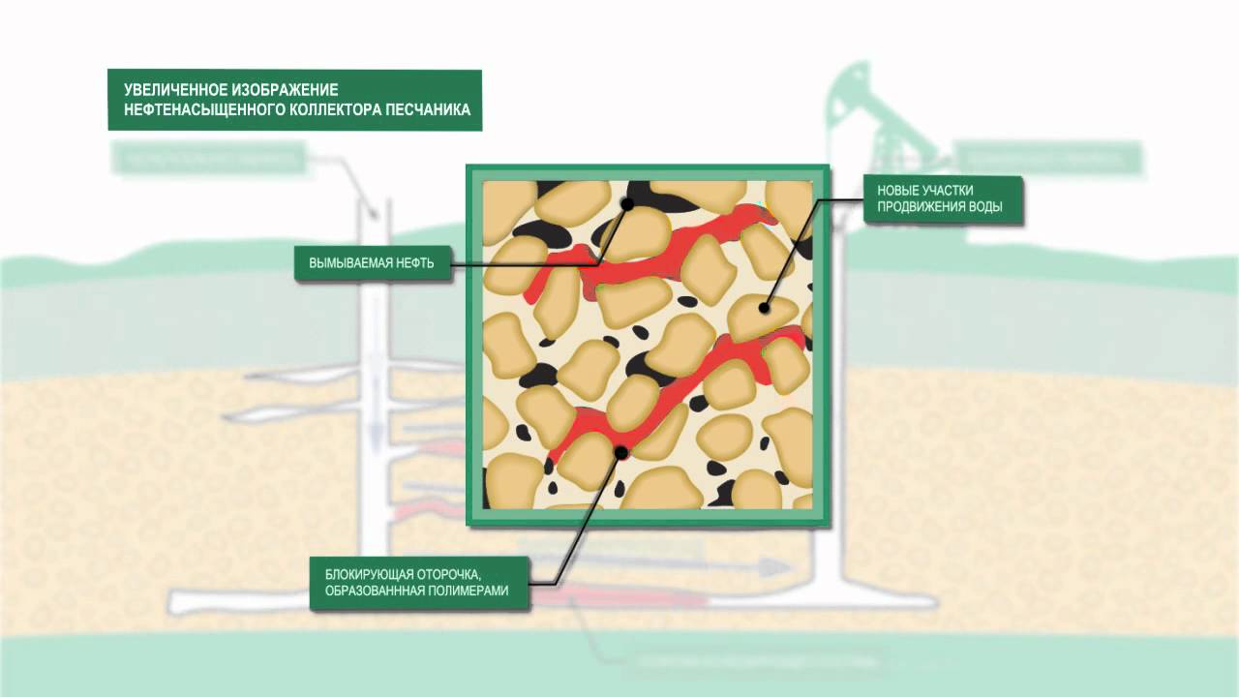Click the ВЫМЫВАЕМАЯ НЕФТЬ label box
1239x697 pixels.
(x=374, y=263)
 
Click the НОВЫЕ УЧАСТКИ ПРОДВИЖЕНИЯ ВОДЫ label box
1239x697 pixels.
(x=944, y=199)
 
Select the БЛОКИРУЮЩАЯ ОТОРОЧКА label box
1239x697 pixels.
(x=420, y=583)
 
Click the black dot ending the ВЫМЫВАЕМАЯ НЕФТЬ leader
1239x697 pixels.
(x=627, y=204)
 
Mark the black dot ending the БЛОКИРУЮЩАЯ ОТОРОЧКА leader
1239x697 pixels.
(x=620, y=452)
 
